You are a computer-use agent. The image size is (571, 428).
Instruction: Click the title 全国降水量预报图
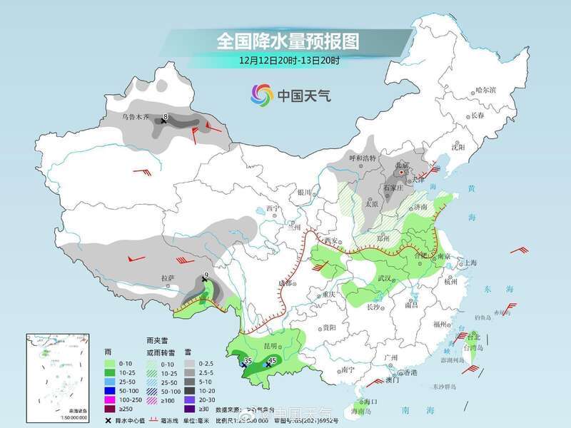[x=288, y=41]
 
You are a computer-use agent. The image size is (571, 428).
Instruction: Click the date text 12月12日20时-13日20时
[x=288, y=61]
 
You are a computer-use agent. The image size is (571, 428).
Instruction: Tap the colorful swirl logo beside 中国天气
[x=262, y=94]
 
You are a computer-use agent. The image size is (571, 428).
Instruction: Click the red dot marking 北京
[x=403, y=172]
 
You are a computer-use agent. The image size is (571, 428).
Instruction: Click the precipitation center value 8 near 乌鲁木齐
[x=166, y=116]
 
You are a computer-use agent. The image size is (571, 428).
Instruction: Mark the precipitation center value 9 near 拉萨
[x=206, y=275]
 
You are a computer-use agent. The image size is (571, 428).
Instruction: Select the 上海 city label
[x=470, y=263]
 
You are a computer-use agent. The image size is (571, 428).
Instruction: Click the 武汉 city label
[x=386, y=277]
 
